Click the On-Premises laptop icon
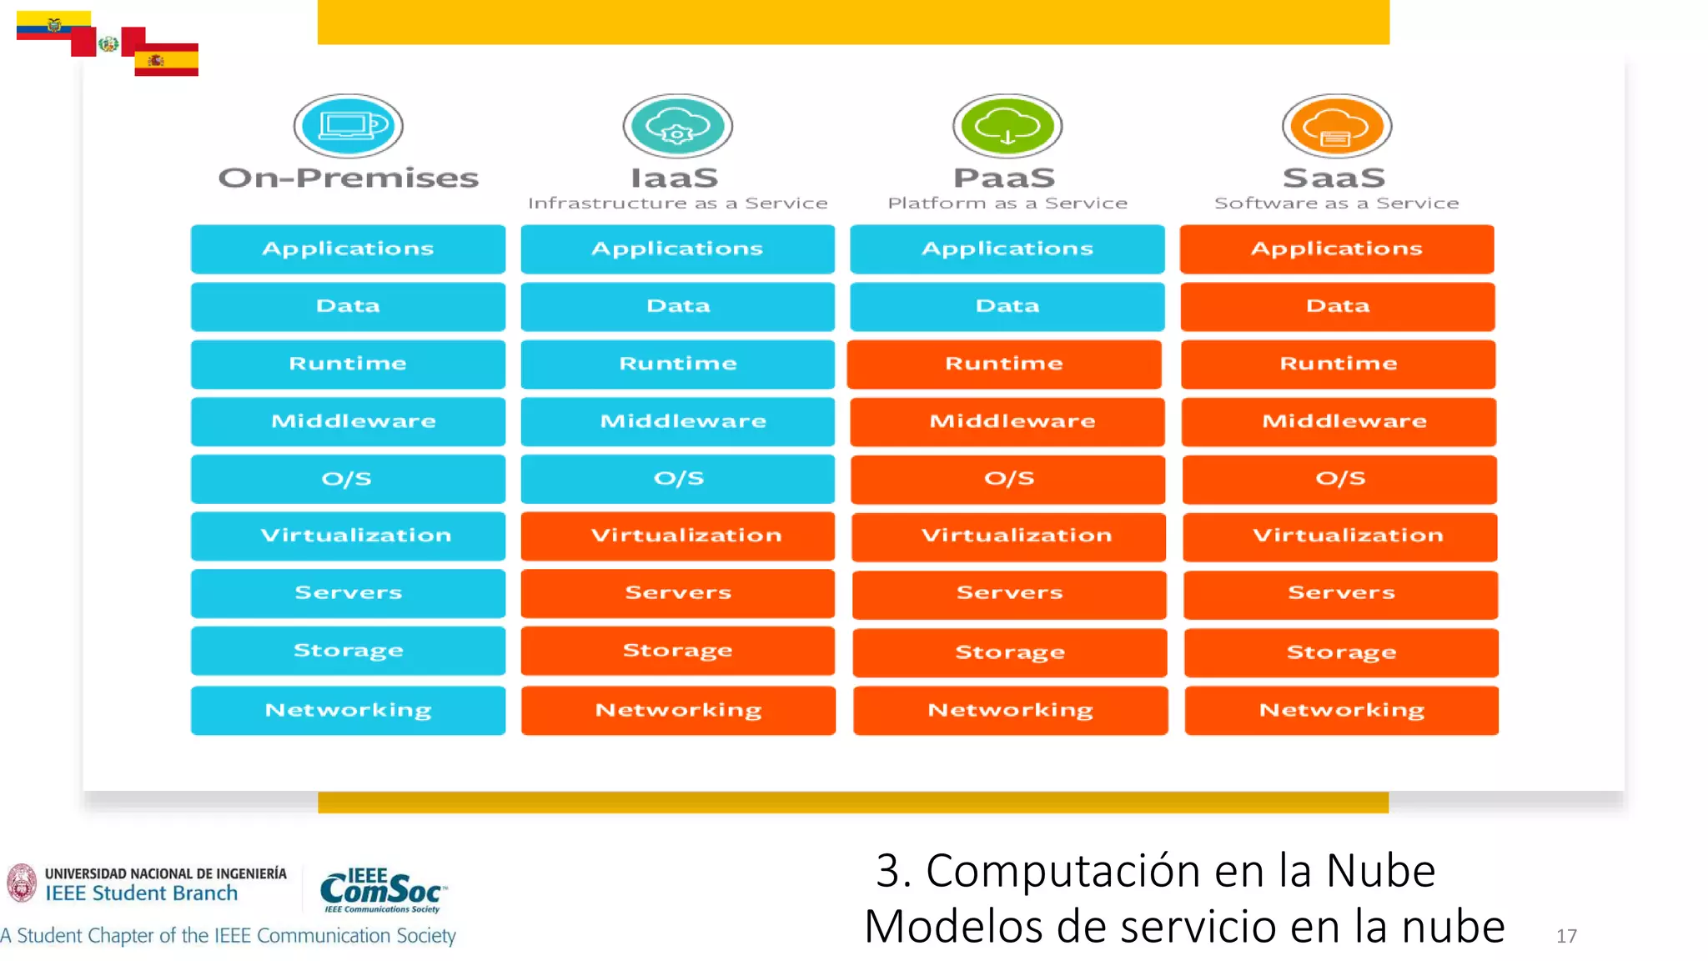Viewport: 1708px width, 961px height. [349, 126]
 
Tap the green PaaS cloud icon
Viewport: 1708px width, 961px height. [1007, 126]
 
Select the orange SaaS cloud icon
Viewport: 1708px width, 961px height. [1337, 126]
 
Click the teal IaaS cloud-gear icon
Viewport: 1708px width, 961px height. [678, 126]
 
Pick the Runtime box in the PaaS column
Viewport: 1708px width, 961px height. [1004, 364]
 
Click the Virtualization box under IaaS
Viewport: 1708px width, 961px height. [678, 536]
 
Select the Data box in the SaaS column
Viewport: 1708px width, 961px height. [1338, 306]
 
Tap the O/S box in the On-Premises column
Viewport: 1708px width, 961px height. [348, 479]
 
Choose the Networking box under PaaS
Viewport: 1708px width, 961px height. [1010, 710]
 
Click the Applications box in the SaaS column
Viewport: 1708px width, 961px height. [1337, 249]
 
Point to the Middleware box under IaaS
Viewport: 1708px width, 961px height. [678, 421]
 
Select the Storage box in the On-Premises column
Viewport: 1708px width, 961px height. [348, 651]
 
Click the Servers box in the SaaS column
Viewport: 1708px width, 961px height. [1341, 594]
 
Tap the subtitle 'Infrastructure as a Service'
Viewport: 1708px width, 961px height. [678, 204]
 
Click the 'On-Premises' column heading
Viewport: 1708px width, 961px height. [349, 178]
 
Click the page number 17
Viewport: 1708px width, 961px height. [1566, 936]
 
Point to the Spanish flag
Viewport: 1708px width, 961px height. [166, 60]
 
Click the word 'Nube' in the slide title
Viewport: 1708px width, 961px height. [1380, 871]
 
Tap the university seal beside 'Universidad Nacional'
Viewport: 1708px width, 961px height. [22, 883]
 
